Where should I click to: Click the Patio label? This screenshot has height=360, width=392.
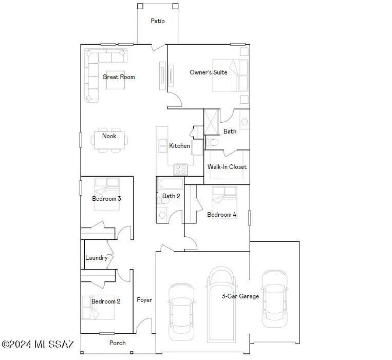pyautogui.click(x=157, y=21)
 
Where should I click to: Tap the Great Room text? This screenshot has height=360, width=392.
pyautogui.click(x=118, y=77)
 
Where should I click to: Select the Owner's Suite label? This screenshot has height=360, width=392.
pyautogui.click(x=208, y=72)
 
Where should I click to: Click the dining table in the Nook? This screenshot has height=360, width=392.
pyautogui.click(x=109, y=140)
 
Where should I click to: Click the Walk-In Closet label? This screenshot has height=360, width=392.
pyautogui.click(x=227, y=167)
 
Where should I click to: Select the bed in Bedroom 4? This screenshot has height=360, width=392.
pyautogui.click(x=225, y=198)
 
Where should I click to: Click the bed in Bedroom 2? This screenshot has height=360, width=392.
pyautogui.click(x=94, y=306)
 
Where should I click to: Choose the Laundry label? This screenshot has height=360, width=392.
pyautogui.click(x=96, y=258)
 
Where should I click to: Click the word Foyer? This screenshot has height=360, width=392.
pyautogui.click(x=144, y=300)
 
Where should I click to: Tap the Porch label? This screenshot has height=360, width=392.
pyautogui.click(x=117, y=343)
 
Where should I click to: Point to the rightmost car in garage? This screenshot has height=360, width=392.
pyautogui.click(x=274, y=298)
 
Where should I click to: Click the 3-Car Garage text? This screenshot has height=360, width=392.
pyautogui.click(x=240, y=296)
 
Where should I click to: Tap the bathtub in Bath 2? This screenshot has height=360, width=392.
pyautogui.click(x=170, y=184)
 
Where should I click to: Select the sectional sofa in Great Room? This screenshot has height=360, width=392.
pyautogui.click(x=92, y=74)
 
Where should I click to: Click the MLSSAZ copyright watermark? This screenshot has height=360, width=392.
pyautogui.click(x=38, y=344)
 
